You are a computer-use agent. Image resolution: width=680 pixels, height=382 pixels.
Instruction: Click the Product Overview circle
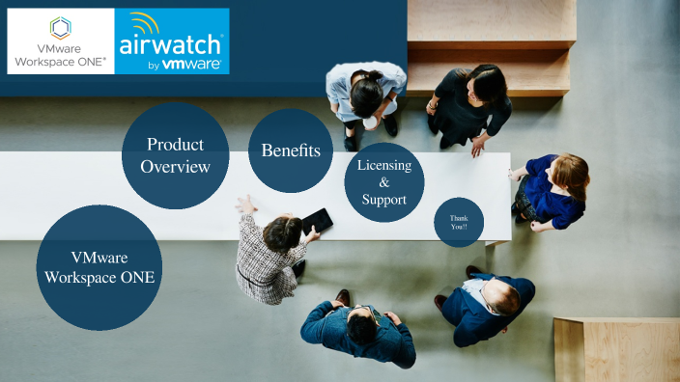175,155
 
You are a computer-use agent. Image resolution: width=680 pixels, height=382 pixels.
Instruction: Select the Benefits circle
290,151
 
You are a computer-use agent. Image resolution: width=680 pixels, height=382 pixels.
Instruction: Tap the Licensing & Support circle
384,181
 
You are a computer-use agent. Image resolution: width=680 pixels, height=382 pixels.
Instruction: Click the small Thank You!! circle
458,223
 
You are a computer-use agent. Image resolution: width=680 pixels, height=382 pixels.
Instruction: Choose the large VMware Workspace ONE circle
99,267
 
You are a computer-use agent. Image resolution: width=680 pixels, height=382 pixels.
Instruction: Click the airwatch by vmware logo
172,41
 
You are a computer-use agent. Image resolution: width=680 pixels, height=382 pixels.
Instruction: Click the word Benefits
290,151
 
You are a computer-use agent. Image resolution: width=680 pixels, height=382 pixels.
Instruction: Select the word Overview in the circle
175,167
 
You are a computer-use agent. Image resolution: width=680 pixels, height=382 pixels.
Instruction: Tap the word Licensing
384,165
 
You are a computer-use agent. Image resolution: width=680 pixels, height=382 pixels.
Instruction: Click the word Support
384,199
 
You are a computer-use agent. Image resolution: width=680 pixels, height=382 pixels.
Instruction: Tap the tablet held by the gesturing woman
317,222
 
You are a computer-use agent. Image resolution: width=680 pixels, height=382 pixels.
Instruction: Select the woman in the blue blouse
554,190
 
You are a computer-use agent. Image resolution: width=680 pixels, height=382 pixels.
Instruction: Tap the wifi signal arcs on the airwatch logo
145,23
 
